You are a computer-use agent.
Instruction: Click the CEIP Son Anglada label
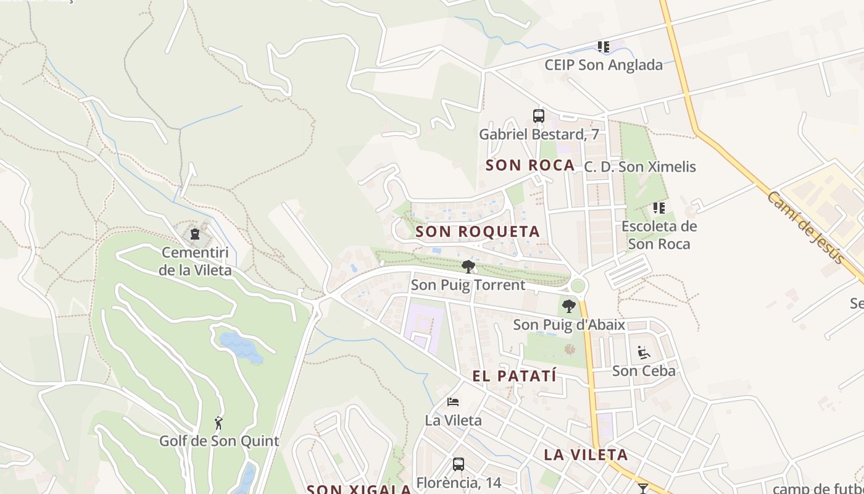[x=604, y=65]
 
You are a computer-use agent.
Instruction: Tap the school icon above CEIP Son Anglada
[x=604, y=47]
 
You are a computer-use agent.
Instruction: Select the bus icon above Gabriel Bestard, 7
[x=539, y=116]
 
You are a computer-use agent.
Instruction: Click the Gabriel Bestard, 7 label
[x=539, y=135]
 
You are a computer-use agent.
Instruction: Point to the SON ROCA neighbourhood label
[x=530, y=165]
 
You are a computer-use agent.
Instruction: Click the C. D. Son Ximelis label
[x=640, y=167]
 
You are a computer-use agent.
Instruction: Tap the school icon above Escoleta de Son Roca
[x=659, y=208]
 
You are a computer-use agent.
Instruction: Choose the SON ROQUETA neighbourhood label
[x=478, y=232]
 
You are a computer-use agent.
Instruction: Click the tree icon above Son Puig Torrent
[x=468, y=267]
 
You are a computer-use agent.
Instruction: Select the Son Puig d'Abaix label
[x=569, y=325]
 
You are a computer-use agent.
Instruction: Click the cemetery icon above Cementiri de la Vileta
[x=195, y=234]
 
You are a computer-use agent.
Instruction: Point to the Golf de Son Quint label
[x=219, y=442]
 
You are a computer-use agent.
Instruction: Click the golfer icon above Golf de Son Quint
[x=218, y=423]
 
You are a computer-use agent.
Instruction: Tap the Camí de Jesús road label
[x=805, y=227]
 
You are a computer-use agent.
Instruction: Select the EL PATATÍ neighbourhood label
[x=515, y=376]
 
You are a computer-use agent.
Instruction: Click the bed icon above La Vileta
[x=453, y=402]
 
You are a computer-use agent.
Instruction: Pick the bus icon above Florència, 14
[x=458, y=464]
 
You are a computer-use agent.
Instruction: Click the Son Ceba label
[x=644, y=371]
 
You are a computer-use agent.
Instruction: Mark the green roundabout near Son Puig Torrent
[x=578, y=286]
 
